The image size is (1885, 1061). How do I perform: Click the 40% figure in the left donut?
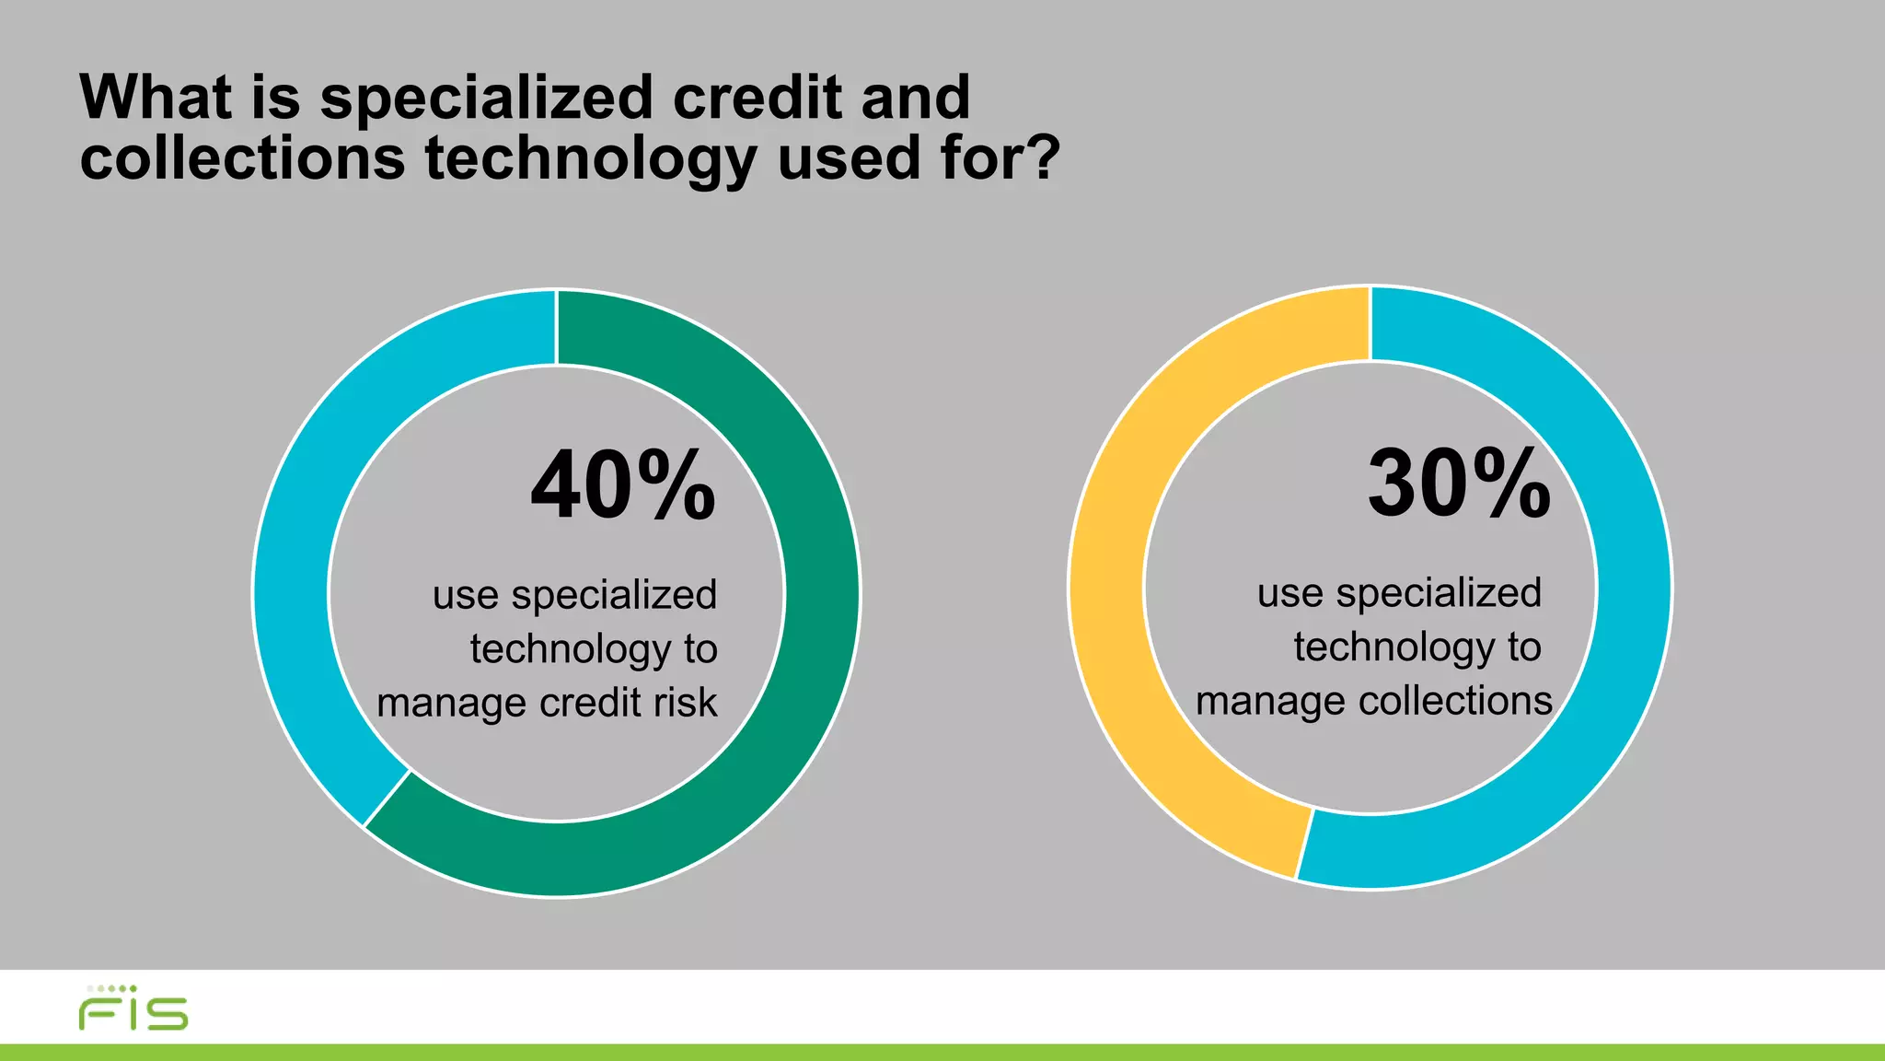pos(623,485)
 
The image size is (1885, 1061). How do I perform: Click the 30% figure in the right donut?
pos(1459,484)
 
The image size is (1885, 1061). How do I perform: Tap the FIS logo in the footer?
pos(133,1009)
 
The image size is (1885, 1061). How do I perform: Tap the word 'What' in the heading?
pos(156,98)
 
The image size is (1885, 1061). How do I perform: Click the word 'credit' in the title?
pos(757,98)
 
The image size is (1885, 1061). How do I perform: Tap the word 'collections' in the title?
pos(242,158)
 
